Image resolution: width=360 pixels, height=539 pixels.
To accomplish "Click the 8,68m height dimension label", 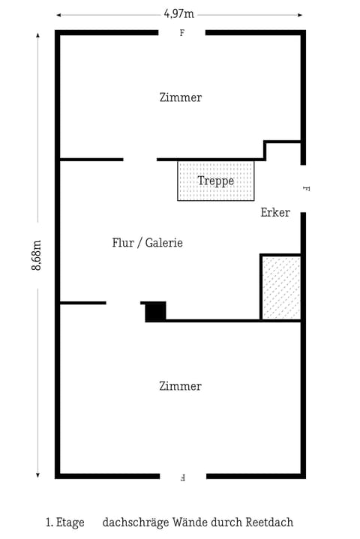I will [x=36, y=255].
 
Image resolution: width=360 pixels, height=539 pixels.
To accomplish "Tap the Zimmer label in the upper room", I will [x=181, y=97].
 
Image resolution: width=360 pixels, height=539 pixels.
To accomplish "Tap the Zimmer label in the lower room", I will [x=181, y=386].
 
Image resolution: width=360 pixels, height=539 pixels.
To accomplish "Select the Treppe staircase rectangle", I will [x=216, y=181].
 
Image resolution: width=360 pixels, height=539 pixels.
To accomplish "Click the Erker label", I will [x=275, y=213].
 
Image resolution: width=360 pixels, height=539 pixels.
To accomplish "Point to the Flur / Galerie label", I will [x=147, y=243].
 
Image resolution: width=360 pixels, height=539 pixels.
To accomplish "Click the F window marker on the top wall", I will [x=181, y=34].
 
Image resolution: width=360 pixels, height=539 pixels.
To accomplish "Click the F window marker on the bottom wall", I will [x=183, y=477].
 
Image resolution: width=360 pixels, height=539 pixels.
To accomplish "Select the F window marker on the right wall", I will [x=305, y=189].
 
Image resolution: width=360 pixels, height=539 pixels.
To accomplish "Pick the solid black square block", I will [x=155, y=312].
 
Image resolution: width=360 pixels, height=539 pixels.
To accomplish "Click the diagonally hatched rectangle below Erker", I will [x=281, y=288].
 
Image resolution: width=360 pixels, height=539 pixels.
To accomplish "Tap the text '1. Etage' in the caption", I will [x=64, y=523].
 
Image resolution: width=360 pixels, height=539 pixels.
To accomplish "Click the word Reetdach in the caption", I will [x=268, y=523].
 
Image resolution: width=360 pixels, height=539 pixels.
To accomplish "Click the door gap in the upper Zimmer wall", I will [x=139, y=160].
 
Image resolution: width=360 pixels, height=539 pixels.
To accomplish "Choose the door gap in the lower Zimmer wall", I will [x=123, y=303].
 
